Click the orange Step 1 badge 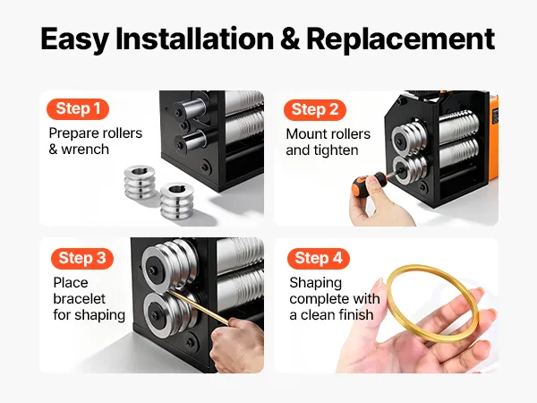[x=78, y=109]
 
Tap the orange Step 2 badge [x=315, y=110]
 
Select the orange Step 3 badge [x=82, y=259]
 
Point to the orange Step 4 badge [x=319, y=259]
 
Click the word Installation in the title [x=194, y=39]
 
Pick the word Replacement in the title [x=401, y=39]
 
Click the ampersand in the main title [x=290, y=39]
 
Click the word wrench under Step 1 [x=85, y=150]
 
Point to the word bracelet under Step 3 [x=79, y=299]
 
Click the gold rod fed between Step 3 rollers [x=197, y=306]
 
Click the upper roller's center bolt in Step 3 [x=152, y=270]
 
